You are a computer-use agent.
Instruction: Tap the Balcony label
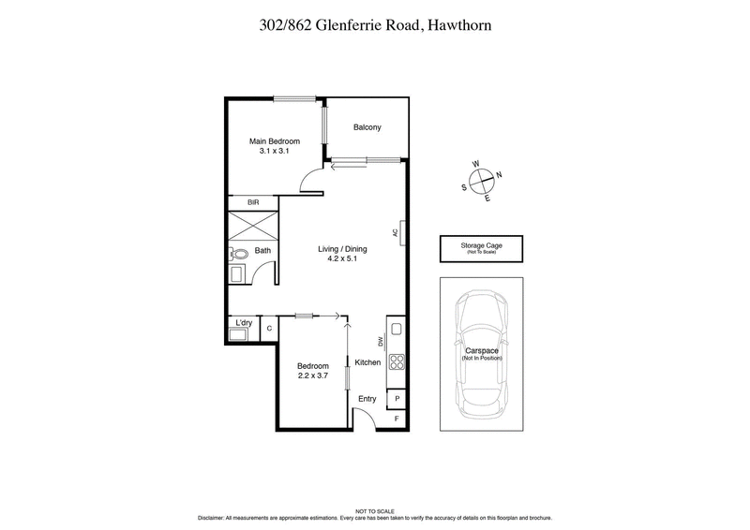(x=367, y=128)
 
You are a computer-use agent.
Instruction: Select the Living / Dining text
(x=340, y=249)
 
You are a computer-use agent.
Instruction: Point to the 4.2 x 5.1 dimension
(x=340, y=261)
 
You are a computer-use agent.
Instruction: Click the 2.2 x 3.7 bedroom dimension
(x=313, y=377)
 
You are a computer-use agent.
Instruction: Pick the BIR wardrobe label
(x=252, y=202)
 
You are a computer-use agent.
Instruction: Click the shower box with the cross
(x=253, y=226)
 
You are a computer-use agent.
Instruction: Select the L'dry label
(x=244, y=324)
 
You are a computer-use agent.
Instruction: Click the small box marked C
(x=269, y=329)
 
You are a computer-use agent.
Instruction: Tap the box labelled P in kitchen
(x=397, y=398)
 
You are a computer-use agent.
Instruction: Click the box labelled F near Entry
(x=397, y=419)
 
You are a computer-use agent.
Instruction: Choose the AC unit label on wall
(x=397, y=233)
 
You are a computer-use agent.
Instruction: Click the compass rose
(x=481, y=178)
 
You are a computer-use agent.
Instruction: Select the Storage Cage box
(x=481, y=248)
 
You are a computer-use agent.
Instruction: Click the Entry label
(x=367, y=399)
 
